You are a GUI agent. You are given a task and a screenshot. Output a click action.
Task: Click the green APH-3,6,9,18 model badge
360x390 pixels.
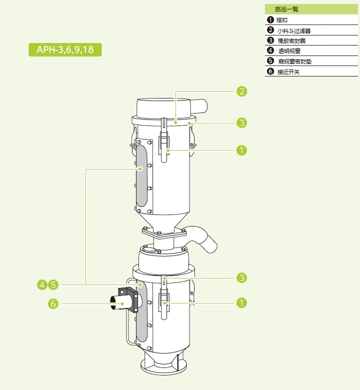(x=65, y=49)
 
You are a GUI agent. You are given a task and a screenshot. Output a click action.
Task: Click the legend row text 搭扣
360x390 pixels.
(x=282, y=20)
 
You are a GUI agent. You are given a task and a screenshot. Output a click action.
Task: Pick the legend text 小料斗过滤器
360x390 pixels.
(x=294, y=30)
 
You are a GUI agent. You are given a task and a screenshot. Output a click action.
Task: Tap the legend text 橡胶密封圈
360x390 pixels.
(x=291, y=41)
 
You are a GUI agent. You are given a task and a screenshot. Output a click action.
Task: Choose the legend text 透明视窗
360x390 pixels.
(x=289, y=51)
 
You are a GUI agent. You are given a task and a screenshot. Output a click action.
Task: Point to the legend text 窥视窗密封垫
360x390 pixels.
(x=295, y=61)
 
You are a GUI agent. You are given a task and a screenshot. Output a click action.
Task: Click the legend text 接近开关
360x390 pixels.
(x=288, y=72)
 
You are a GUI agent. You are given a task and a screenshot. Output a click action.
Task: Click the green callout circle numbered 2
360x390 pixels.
(x=241, y=91)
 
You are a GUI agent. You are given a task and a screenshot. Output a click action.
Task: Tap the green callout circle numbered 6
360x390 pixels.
(x=53, y=303)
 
